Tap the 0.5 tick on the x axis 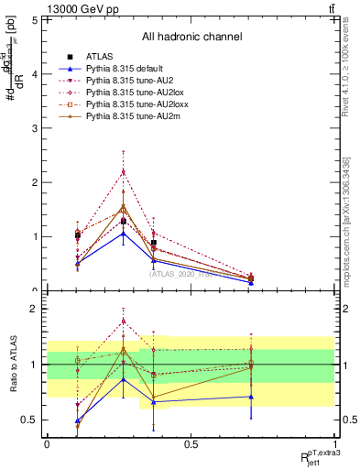(191, 444)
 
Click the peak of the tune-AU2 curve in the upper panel (124, 171)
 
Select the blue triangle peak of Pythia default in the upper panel (124, 233)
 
